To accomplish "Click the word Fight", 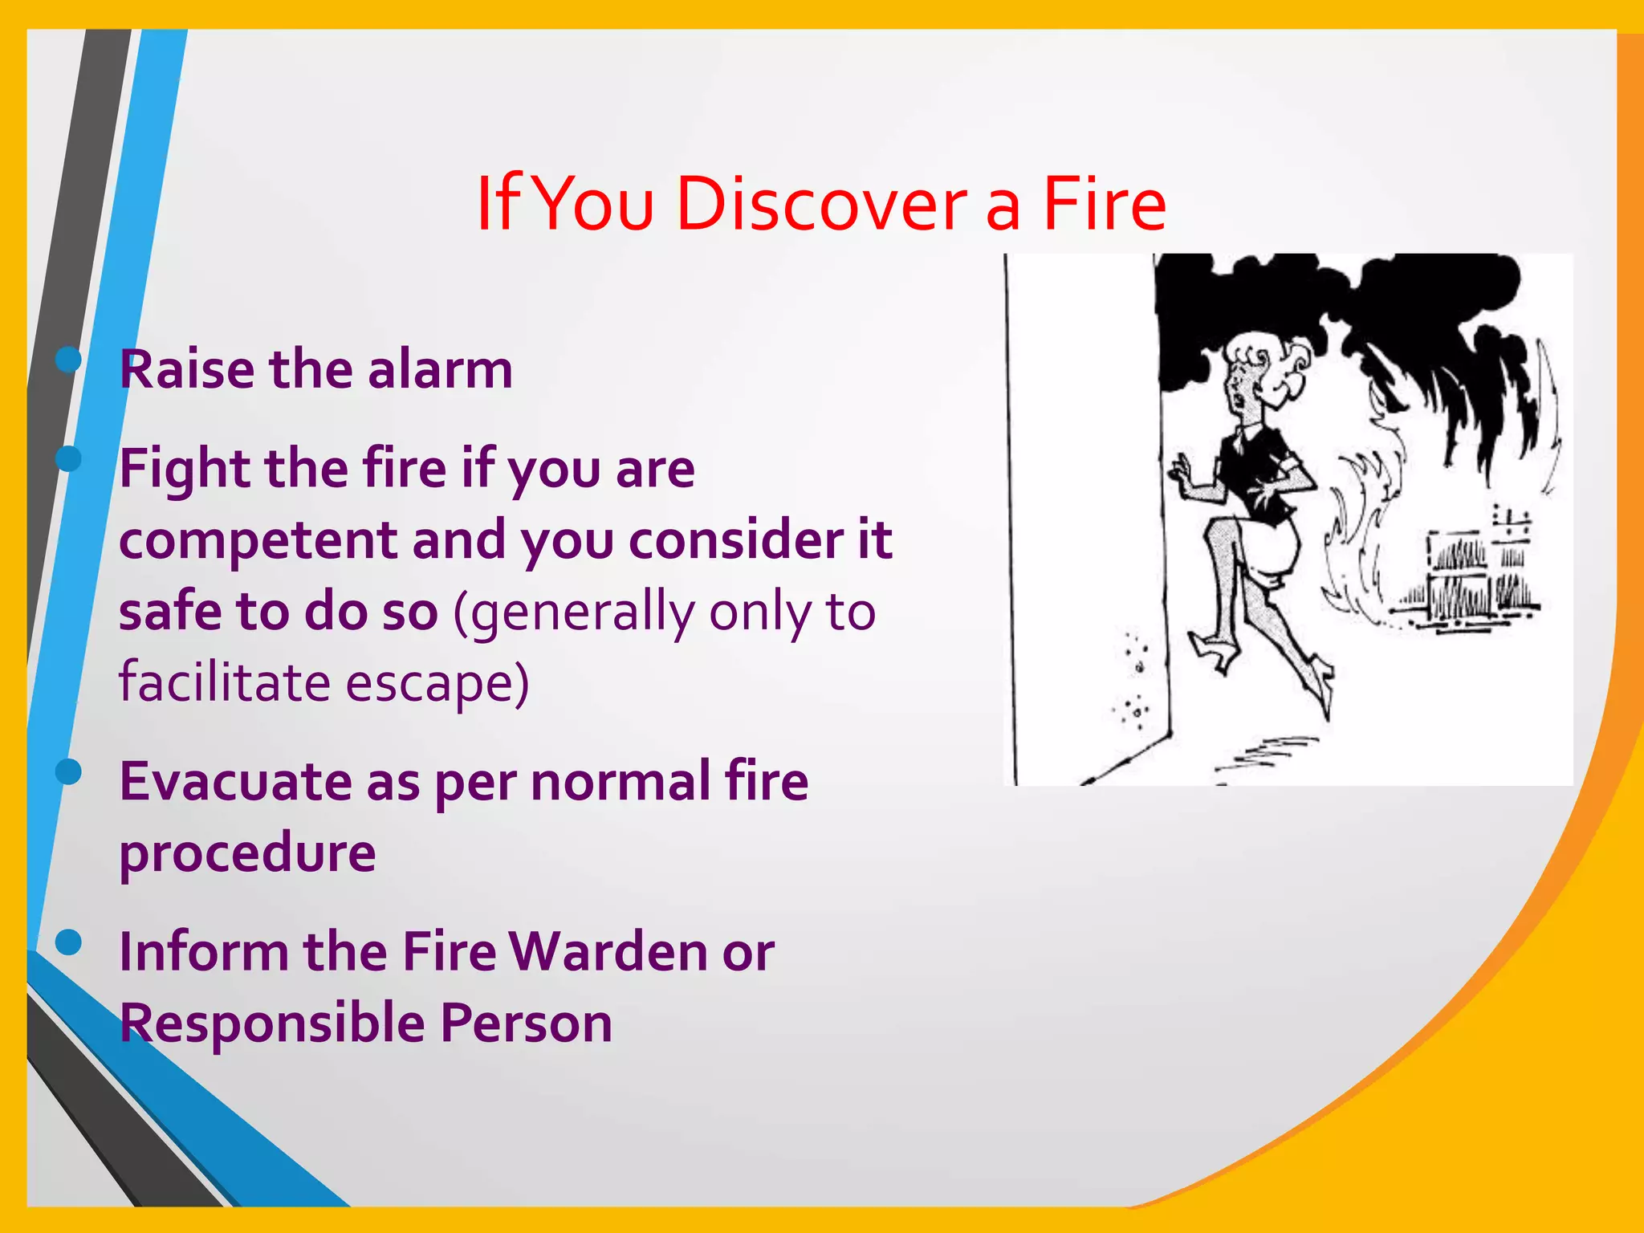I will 185,470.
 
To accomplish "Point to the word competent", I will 258,541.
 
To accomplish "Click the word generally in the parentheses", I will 582,613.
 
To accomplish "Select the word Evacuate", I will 235,781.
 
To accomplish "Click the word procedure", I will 247,853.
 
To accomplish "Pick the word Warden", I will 608,952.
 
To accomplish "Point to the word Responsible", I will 272,1023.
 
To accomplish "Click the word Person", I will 526,1023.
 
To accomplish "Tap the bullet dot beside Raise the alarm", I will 69,360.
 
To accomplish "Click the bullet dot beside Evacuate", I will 69,771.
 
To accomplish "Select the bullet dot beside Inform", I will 69,942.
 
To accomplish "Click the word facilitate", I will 224,683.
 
